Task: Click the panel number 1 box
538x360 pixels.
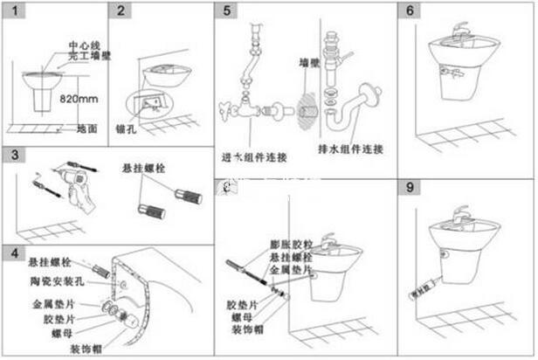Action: pyautogui.click(x=12, y=11)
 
